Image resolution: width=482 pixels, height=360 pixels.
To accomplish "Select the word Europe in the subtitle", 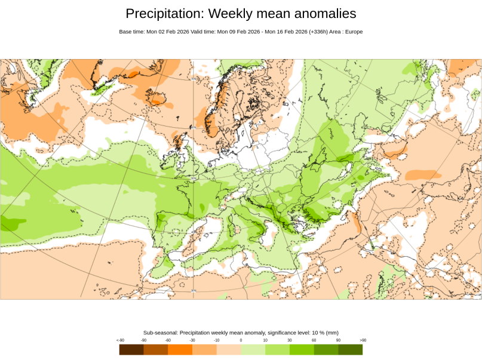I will pyautogui.click(x=354, y=32).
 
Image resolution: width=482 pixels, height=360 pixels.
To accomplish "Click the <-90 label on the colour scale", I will pyautogui.click(x=120, y=340).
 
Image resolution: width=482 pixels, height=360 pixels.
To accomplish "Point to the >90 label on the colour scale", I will pyautogui.click(x=362, y=340).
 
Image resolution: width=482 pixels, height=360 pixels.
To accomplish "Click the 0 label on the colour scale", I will pyautogui.click(x=241, y=340).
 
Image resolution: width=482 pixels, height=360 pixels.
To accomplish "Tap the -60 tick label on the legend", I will pyautogui.click(x=168, y=340).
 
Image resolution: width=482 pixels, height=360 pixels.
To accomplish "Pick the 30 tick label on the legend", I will pyautogui.click(x=289, y=340).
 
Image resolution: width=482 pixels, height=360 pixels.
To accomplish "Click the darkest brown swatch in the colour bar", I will pyautogui.click(x=131, y=349).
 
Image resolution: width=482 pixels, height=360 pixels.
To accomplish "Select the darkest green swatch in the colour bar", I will pyautogui.click(x=351, y=349).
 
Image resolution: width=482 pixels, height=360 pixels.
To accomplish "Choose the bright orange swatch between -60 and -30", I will pyautogui.click(x=180, y=349).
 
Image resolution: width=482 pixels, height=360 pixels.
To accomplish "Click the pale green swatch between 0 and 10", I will pyautogui.click(x=253, y=349).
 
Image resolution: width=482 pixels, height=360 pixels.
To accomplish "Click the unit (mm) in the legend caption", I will pyautogui.click(x=331, y=333).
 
